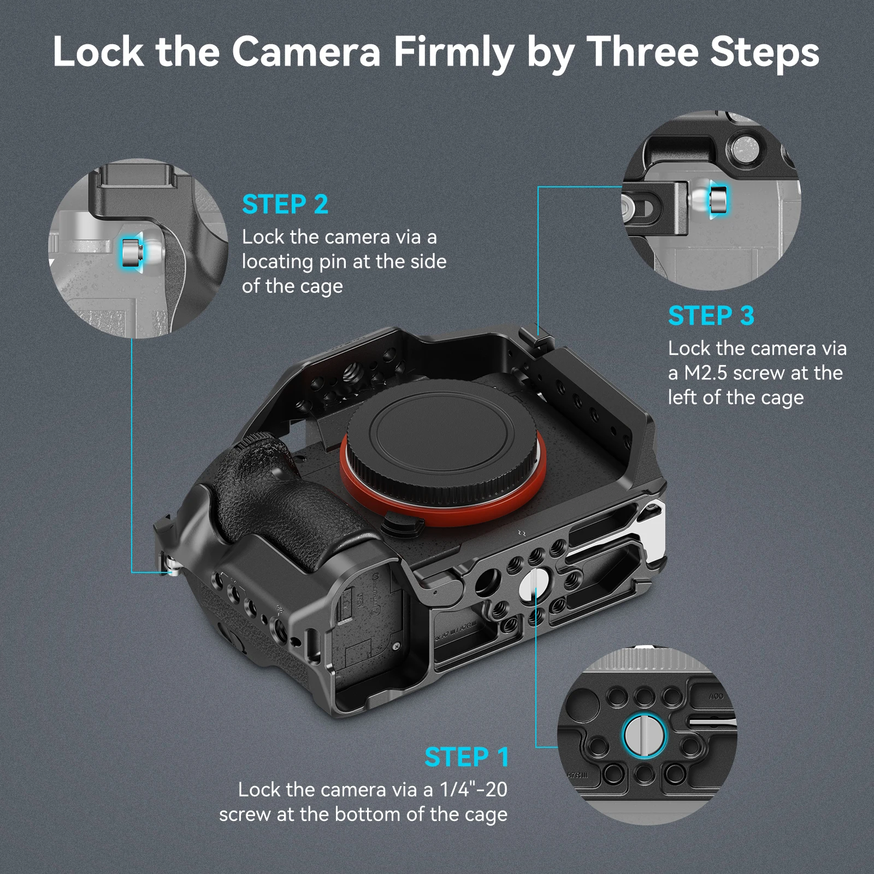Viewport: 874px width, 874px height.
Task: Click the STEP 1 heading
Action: tap(466, 757)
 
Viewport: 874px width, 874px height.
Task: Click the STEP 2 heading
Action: tap(285, 205)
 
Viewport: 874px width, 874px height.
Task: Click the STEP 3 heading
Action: tap(711, 316)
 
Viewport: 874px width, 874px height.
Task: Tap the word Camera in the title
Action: tap(306, 52)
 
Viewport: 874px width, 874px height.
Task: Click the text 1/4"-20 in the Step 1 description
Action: tap(473, 789)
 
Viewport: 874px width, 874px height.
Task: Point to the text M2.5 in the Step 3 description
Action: tap(705, 373)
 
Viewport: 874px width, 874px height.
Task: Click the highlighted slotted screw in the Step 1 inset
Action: tap(645, 735)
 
